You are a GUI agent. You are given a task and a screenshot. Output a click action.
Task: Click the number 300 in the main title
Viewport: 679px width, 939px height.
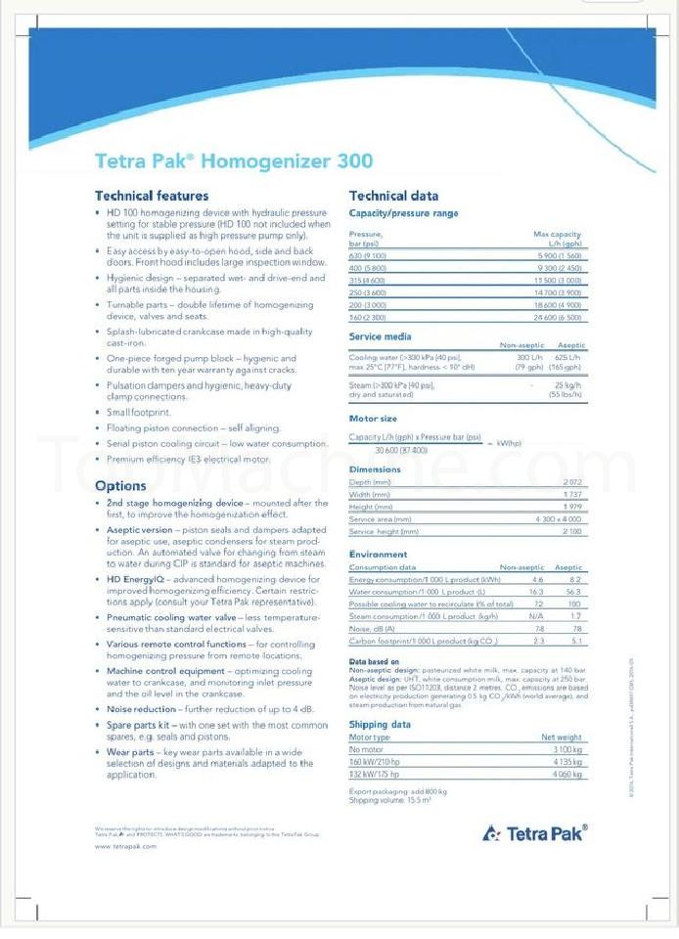click(x=354, y=160)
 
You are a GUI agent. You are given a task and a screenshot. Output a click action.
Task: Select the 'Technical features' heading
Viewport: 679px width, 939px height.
click(x=151, y=196)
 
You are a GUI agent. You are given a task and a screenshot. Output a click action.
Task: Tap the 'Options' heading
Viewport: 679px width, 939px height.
click(x=120, y=486)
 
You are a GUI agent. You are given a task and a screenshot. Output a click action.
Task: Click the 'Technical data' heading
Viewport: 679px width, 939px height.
click(x=393, y=196)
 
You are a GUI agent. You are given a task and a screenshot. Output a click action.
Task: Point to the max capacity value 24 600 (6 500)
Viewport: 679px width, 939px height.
click(x=558, y=317)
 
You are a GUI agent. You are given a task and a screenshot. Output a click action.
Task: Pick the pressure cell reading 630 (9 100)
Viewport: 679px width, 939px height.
click(x=368, y=256)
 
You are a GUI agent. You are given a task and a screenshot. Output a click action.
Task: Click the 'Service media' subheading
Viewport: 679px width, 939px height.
click(x=381, y=336)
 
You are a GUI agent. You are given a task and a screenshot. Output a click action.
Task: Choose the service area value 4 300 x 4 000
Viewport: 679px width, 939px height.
click(x=559, y=519)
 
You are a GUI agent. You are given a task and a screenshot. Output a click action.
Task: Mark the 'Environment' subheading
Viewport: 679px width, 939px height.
click(x=379, y=555)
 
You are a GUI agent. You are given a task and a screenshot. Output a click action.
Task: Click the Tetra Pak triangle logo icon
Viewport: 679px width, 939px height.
click(x=491, y=833)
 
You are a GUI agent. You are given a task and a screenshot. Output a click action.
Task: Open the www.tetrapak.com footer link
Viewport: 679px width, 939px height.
click(x=125, y=846)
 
